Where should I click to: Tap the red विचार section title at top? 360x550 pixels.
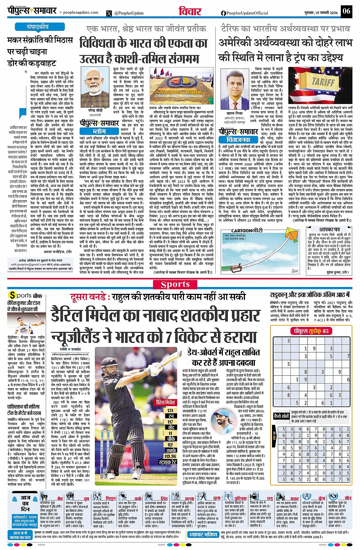click(190, 11)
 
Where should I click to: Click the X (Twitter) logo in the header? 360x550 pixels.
click(110, 13)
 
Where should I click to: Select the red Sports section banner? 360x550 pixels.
click(175, 284)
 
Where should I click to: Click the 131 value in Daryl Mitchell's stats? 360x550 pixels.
click(170, 411)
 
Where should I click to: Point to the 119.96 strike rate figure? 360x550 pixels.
click(170, 456)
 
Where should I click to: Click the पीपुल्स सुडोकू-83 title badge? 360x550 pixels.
click(310, 331)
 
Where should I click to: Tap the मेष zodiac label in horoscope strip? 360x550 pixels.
click(60, 498)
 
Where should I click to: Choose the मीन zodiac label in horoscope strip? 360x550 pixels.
click(348, 498)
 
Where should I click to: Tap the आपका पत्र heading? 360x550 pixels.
click(330, 230)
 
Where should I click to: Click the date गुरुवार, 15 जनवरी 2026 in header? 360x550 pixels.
click(321, 13)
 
